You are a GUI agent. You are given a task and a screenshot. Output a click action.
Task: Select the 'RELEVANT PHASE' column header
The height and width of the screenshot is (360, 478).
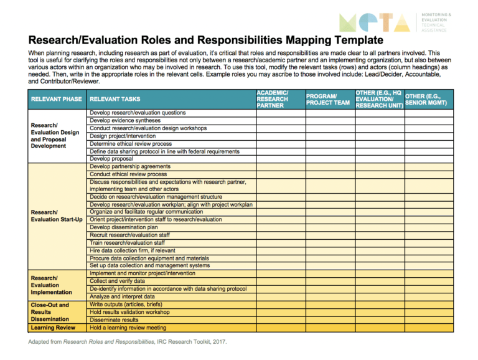(55, 98)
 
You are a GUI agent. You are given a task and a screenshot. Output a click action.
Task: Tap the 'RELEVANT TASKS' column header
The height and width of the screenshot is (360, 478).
(115, 98)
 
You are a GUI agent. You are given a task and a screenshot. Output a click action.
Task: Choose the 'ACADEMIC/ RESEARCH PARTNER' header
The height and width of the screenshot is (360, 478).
(273, 98)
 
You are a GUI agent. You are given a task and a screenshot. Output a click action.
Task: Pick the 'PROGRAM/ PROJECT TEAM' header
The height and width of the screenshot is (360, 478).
(328, 98)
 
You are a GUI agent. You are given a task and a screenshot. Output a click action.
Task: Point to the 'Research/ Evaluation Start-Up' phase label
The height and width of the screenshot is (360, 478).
(57, 216)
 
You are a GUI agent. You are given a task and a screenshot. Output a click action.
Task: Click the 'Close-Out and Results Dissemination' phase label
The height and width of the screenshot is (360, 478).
(52, 312)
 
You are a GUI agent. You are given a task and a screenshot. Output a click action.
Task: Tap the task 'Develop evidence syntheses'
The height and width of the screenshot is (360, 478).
(126, 120)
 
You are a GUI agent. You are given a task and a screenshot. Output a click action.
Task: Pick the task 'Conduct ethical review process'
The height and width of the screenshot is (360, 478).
(128, 174)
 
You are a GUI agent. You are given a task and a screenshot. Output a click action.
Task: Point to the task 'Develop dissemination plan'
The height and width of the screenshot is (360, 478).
(124, 227)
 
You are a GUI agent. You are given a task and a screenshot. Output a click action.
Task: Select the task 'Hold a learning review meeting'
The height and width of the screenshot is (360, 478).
(128, 328)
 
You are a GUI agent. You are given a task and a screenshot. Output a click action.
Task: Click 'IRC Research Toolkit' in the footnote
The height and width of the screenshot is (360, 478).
(180, 343)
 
